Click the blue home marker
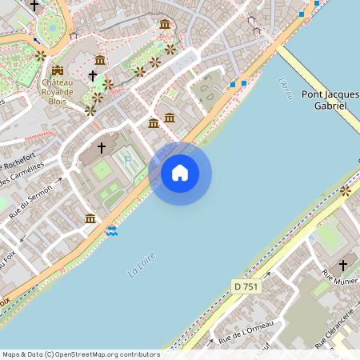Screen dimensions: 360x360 pyautogui.click(x=180, y=173)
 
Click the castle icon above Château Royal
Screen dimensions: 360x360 pyautogui.click(x=57, y=70)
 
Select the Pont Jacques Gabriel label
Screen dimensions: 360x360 pyautogui.click(x=330, y=99)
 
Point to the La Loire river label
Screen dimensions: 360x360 pyautogui.click(x=142, y=266)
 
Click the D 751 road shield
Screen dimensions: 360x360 pyautogui.click(x=247, y=286)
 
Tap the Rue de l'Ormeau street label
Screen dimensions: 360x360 pyautogui.click(x=246, y=327)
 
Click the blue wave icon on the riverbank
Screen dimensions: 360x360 pyautogui.click(x=113, y=230)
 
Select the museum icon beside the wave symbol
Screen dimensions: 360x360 pyautogui.click(x=90, y=218)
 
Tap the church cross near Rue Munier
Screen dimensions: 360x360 pyautogui.click(x=343, y=265)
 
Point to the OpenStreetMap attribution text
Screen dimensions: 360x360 pyautogui.click(x=81, y=354)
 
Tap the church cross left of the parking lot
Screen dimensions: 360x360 pyautogui.click(x=102, y=147)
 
